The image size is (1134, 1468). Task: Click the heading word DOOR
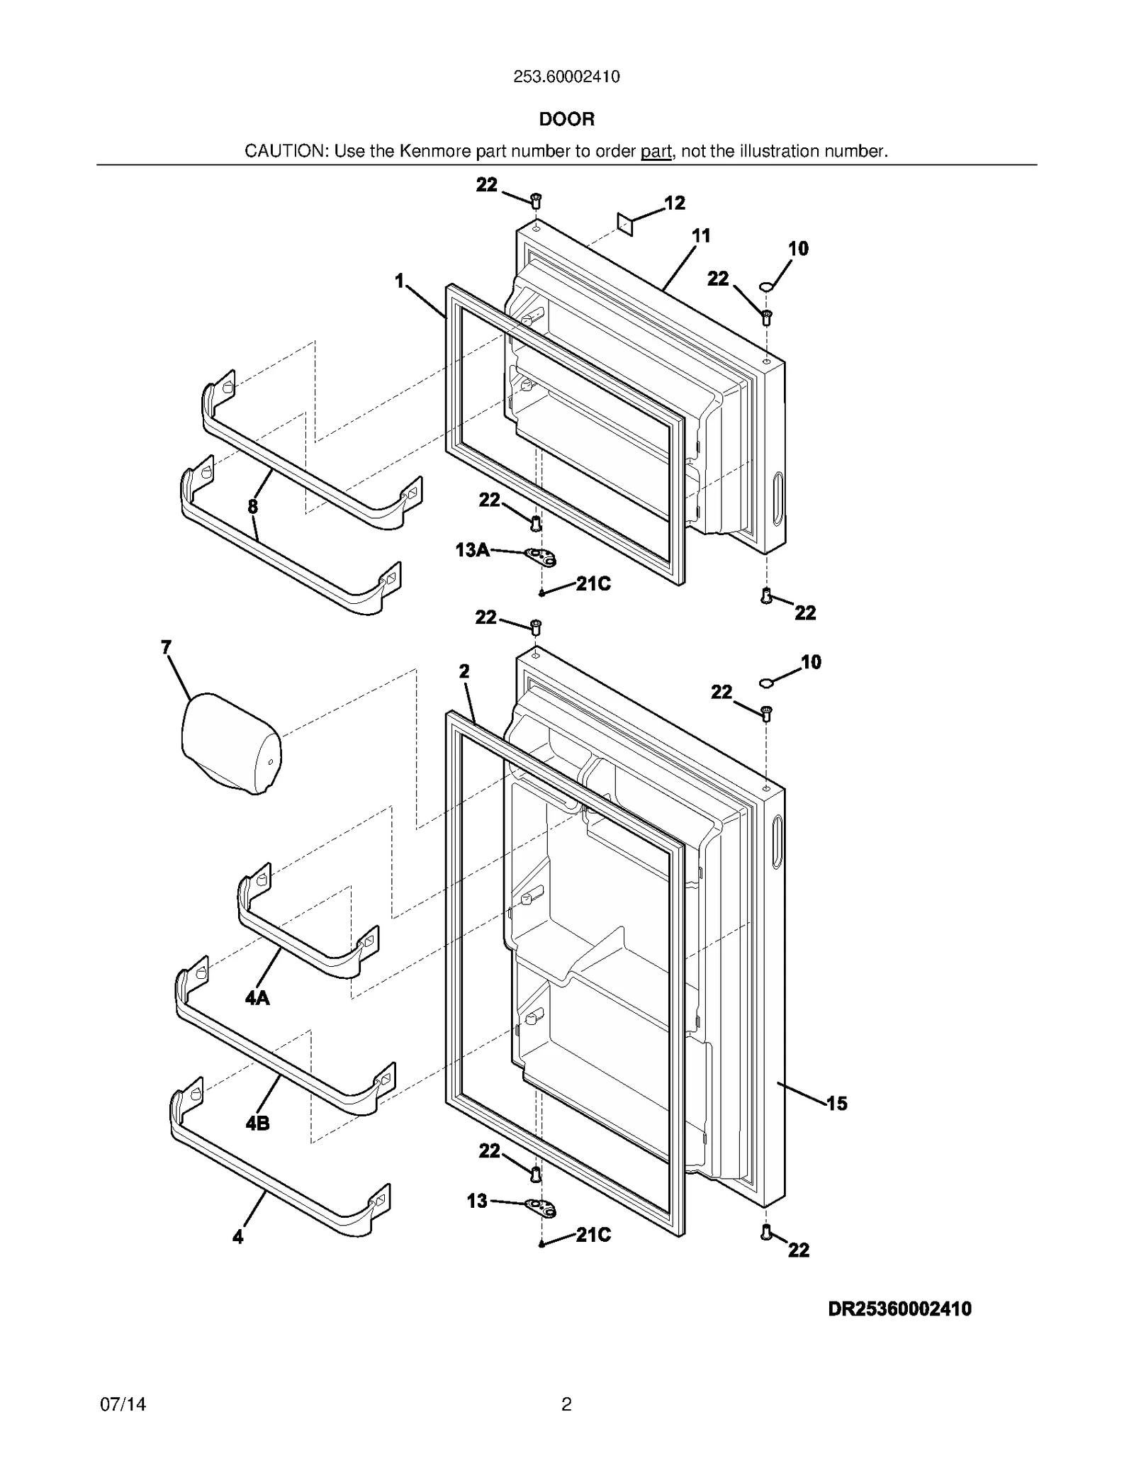[x=566, y=119]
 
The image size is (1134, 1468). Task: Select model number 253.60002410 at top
[x=566, y=77]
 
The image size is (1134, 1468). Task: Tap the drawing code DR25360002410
[x=899, y=1309]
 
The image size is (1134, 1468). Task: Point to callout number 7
[x=166, y=646]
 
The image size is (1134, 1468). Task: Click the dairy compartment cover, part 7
[x=230, y=744]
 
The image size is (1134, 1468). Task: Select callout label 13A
[x=472, y=549]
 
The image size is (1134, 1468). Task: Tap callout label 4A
[x=257, y=998]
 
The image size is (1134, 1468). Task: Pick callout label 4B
[x=257, y=1123]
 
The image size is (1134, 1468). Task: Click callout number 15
[x=836, y=1103]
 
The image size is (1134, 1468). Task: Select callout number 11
[x=700, y=236]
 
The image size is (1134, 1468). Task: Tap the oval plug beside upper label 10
[x=766, y=286]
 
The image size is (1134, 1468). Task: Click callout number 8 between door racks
[x=253, y=506]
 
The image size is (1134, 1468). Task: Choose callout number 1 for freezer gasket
[x=399, y=281]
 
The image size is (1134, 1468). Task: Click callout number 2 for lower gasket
[x=464, y=671]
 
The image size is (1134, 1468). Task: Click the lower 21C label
[x=593, y=1235]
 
